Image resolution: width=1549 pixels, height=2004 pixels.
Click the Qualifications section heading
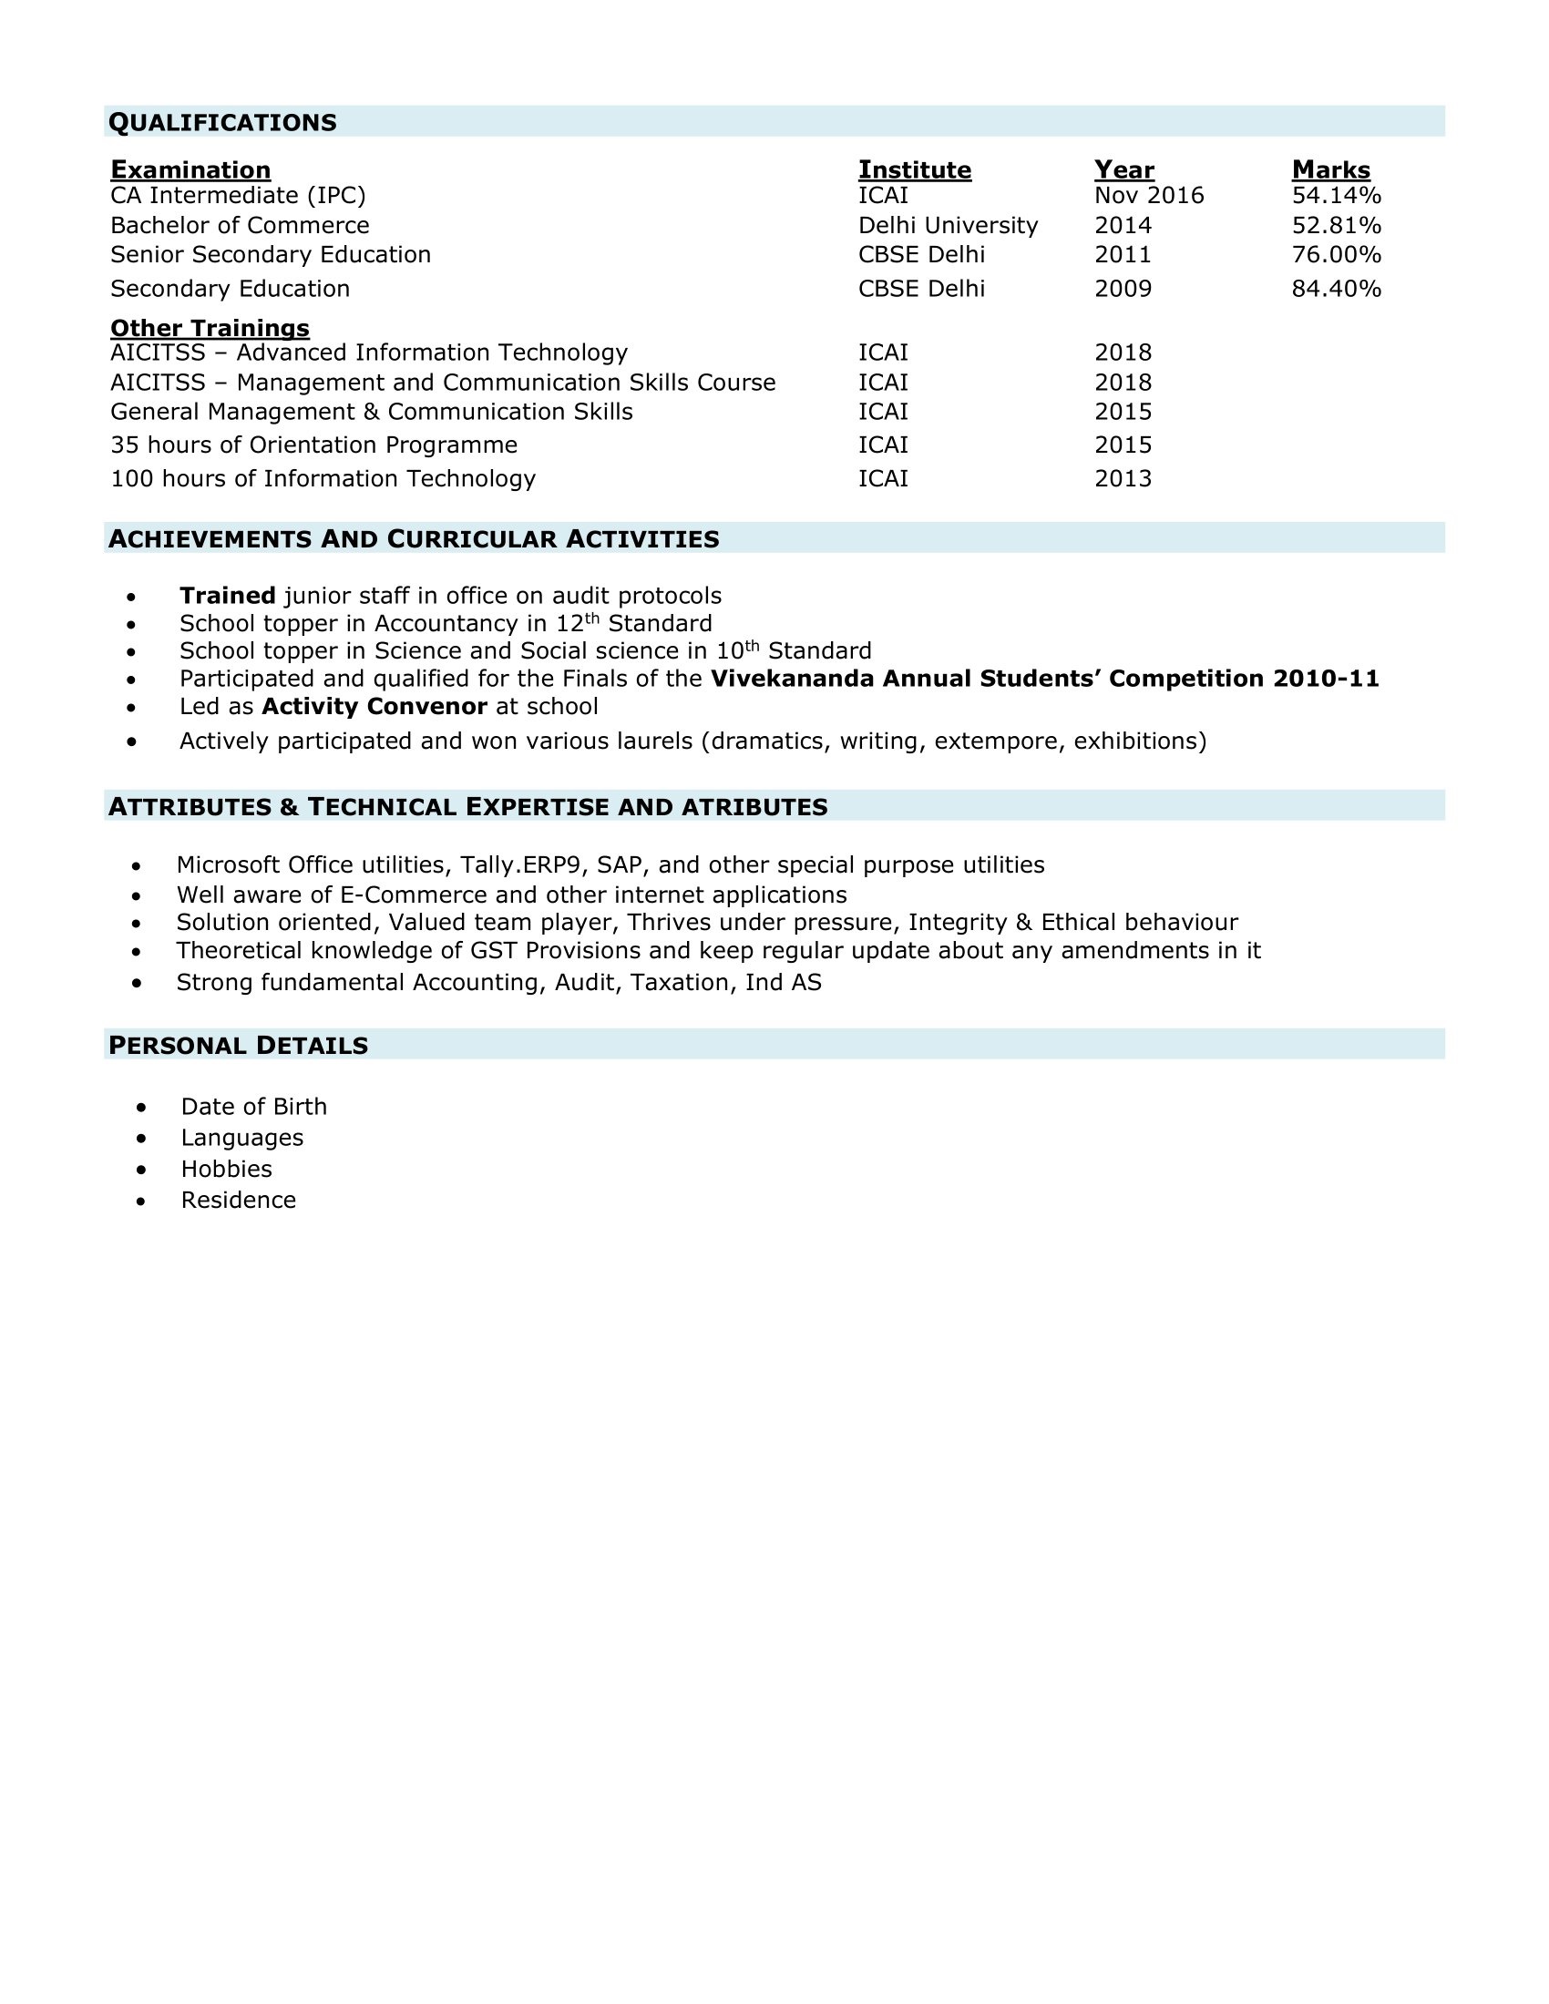coord(223,122)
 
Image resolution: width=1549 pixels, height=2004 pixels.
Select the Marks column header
coord(1330,169)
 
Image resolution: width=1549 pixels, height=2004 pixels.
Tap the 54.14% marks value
coord(1336,196)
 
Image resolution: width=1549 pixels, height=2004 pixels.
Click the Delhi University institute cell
coord(947,226)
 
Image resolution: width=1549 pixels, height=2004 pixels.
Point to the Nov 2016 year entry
coord(1149,196)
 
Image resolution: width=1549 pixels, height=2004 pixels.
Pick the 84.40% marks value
coord(1336,289)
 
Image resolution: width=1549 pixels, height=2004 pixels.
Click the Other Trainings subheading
coord(210,328)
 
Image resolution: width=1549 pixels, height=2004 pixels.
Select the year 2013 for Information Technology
coord(1123,479)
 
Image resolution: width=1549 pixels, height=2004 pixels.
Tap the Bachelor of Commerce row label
coord(240,226)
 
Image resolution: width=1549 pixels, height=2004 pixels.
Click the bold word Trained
coord(228,597)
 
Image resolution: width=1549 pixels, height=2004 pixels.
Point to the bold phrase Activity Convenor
coord(374,707)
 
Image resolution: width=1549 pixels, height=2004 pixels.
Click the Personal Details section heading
coord(239,1045)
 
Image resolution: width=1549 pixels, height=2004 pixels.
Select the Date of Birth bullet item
coord(253,1107)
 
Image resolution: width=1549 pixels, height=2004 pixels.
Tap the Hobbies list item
coord(227,1169)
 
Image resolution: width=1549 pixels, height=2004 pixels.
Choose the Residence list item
coord(239,1201)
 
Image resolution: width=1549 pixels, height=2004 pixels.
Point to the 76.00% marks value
coord(1336,255)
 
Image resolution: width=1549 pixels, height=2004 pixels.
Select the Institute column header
coord(914,169)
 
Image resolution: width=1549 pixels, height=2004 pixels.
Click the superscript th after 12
coord(592,619)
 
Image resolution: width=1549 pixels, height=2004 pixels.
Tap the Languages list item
coord(242,1138)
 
